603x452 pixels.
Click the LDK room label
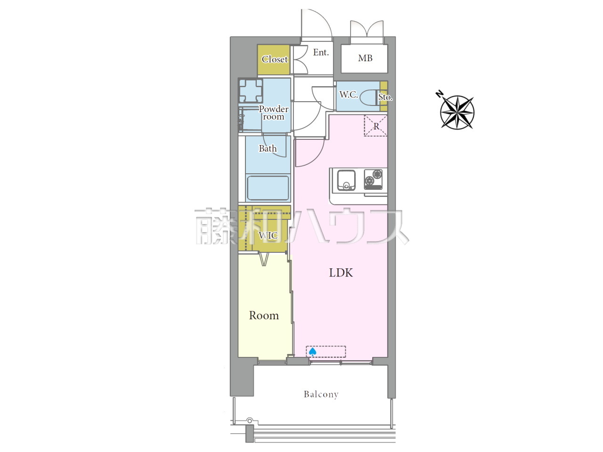[x=341, y=273]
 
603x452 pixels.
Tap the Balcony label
[x=321, y=395]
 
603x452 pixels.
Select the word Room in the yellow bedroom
[x=264, y=315]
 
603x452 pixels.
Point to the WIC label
[x=268, y=235]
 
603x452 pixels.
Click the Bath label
[x=268, y=148]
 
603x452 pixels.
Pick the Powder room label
[x=274, y=113]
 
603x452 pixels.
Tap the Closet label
[x=275, y=59]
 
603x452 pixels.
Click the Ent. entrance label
[x=321, y=52]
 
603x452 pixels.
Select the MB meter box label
[x=365, y=58]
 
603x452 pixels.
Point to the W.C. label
[x=349, y=95]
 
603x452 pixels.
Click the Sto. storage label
[x=385, y=97]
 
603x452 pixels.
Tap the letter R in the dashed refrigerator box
[x=376, y=127]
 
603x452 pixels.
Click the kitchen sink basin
[x=346, y=180]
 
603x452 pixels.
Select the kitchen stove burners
[x=373, y=179]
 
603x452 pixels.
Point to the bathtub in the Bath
[x=268, y=188]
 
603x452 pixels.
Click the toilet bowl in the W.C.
[x=367, y=97]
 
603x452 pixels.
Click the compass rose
[x=457, y=112]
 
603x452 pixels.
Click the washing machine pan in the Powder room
[x=250, y=91]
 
